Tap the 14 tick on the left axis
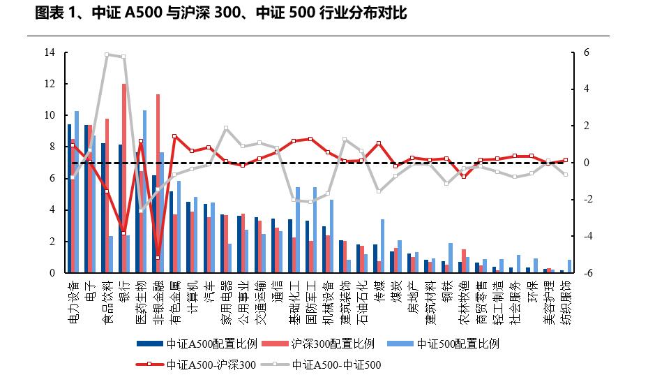point(50,52)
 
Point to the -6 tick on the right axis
point(587,273)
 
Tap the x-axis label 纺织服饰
point(566,300)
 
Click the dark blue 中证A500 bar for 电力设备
point(69,199)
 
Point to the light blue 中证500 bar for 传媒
point(382,246)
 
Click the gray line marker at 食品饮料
point(107,54)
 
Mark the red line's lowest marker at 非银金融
point(158,258)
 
